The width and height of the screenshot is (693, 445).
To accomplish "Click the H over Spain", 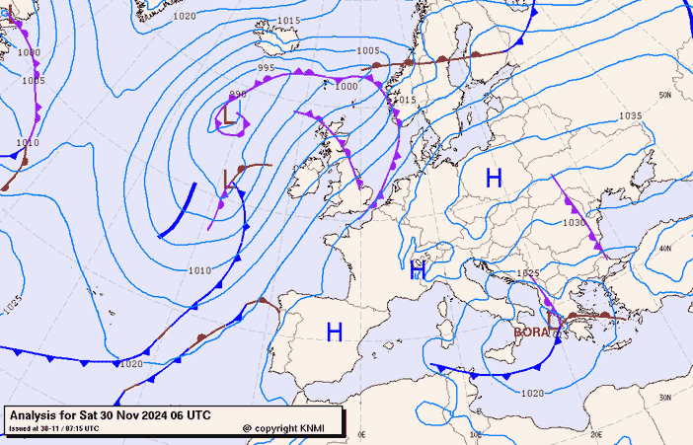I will pos(335,333).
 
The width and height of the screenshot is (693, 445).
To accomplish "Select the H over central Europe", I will pos(494,179).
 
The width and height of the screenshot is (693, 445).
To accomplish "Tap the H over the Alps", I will pos(418,270).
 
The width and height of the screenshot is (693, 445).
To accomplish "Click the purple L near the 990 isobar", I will pos(230,115).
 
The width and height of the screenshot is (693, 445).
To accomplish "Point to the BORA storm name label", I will pos(533,333).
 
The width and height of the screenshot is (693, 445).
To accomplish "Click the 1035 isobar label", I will pos(630,116).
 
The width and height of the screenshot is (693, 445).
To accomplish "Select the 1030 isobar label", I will pos(575,223).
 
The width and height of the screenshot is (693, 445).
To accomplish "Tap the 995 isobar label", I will pos(266,68).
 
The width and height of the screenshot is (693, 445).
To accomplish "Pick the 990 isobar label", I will pos(238,95).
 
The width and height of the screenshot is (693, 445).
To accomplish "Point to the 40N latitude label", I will pos(664,249).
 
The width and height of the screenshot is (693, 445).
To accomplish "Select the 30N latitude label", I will pos(664,399).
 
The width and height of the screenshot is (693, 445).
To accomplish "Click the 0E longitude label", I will pos(361,433).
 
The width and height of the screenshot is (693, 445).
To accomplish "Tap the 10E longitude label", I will pos(476,433).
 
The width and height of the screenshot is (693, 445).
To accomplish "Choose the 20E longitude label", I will pos(595,433).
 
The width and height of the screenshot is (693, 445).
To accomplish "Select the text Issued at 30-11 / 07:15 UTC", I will pos(54,428).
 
